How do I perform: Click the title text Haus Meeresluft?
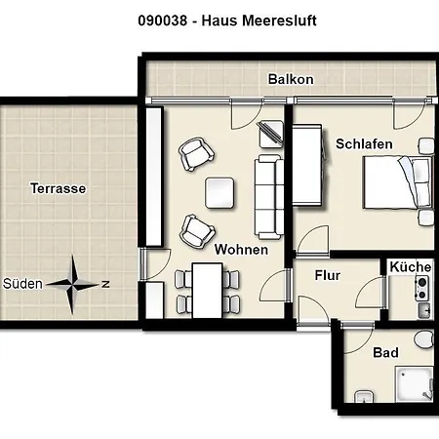coord(219,20)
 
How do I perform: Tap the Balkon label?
coord(291,79)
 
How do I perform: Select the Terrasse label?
coord(58,187)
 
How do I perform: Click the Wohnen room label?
coord(242,250)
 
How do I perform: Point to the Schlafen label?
coord(364,143)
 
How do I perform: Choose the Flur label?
coord(328,275)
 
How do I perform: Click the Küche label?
coord(410,266)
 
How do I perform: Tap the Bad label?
coord(385,352)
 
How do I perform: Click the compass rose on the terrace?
coord(75,285)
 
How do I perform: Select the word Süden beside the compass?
coord(22,285)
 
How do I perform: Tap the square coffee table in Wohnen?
coord(220,192)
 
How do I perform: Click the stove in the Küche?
coord(422,287)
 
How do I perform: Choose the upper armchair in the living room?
coord(194,152)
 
